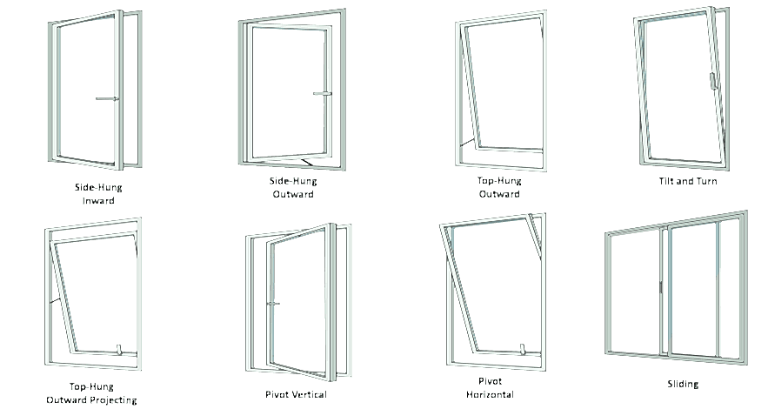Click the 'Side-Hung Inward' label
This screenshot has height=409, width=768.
[98, 194]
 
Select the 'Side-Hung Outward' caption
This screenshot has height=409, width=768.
[293, 188]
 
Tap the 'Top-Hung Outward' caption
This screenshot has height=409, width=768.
[499, 187]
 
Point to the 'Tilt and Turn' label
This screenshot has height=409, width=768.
[688, 181]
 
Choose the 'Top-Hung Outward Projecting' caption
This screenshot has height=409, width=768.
[91, 393]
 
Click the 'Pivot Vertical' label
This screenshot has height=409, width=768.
[296, 394]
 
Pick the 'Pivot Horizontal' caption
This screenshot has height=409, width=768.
[490, 387]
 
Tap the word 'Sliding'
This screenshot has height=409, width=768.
[683, 384]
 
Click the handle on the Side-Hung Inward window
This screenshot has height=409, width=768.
[107, 99]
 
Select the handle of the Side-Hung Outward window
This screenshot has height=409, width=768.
[323, 93]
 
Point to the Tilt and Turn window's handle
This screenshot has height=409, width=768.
[712, 81]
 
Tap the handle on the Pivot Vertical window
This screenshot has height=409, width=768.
[273, 304]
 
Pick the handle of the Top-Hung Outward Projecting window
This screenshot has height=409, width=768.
[118, 349]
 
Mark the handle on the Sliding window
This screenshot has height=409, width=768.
[661, 287]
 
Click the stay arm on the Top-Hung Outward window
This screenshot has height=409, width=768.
[467, 143]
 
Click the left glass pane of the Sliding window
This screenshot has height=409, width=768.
[635, 292]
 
